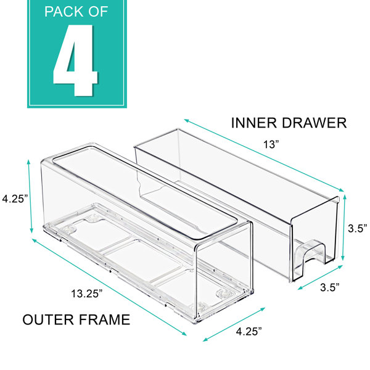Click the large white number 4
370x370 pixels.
(75, 60)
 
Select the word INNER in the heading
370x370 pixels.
(253, 123)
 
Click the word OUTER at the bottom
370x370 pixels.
(48, 319)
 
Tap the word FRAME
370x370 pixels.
(104, 319)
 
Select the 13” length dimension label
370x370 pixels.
(271, 144)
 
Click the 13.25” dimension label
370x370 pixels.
(87, 294)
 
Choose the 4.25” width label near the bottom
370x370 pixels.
(249, 331)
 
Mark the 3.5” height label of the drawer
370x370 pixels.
(358, 228)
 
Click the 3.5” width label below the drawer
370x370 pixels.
(330, 287)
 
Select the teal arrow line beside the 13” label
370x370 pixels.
(264, 155)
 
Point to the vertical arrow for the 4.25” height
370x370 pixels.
(30, 196)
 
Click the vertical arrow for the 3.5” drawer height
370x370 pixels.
(344, 227)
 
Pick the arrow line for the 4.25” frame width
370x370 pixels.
(234, 324)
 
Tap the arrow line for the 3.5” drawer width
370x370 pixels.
(320, 277)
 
